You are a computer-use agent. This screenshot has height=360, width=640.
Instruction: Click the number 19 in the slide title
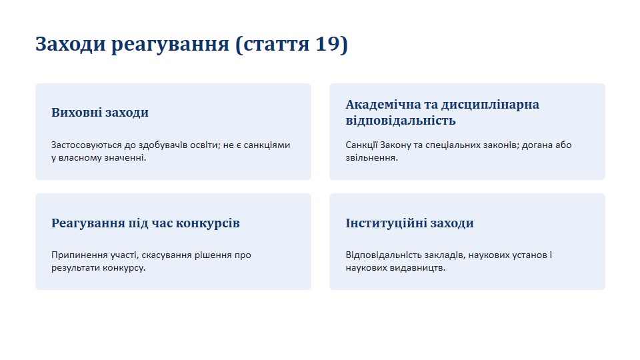pos(327,43)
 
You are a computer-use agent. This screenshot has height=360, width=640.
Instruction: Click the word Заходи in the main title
pos(71,44)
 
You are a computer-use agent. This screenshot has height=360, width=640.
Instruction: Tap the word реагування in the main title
pos(170,45)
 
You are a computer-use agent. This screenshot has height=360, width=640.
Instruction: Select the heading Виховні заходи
pos(100,112)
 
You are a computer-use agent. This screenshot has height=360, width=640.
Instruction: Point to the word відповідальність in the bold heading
pos(401,121)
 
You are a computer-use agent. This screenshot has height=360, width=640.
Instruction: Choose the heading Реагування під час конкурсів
pos(145,223)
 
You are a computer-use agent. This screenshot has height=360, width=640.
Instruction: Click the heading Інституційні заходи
pos(409,223)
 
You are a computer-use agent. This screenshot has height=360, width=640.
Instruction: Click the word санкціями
pos(267,145)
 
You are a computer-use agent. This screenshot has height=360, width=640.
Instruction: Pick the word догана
pos(539,145)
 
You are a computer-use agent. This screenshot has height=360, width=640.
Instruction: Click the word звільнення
pos(371,157)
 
